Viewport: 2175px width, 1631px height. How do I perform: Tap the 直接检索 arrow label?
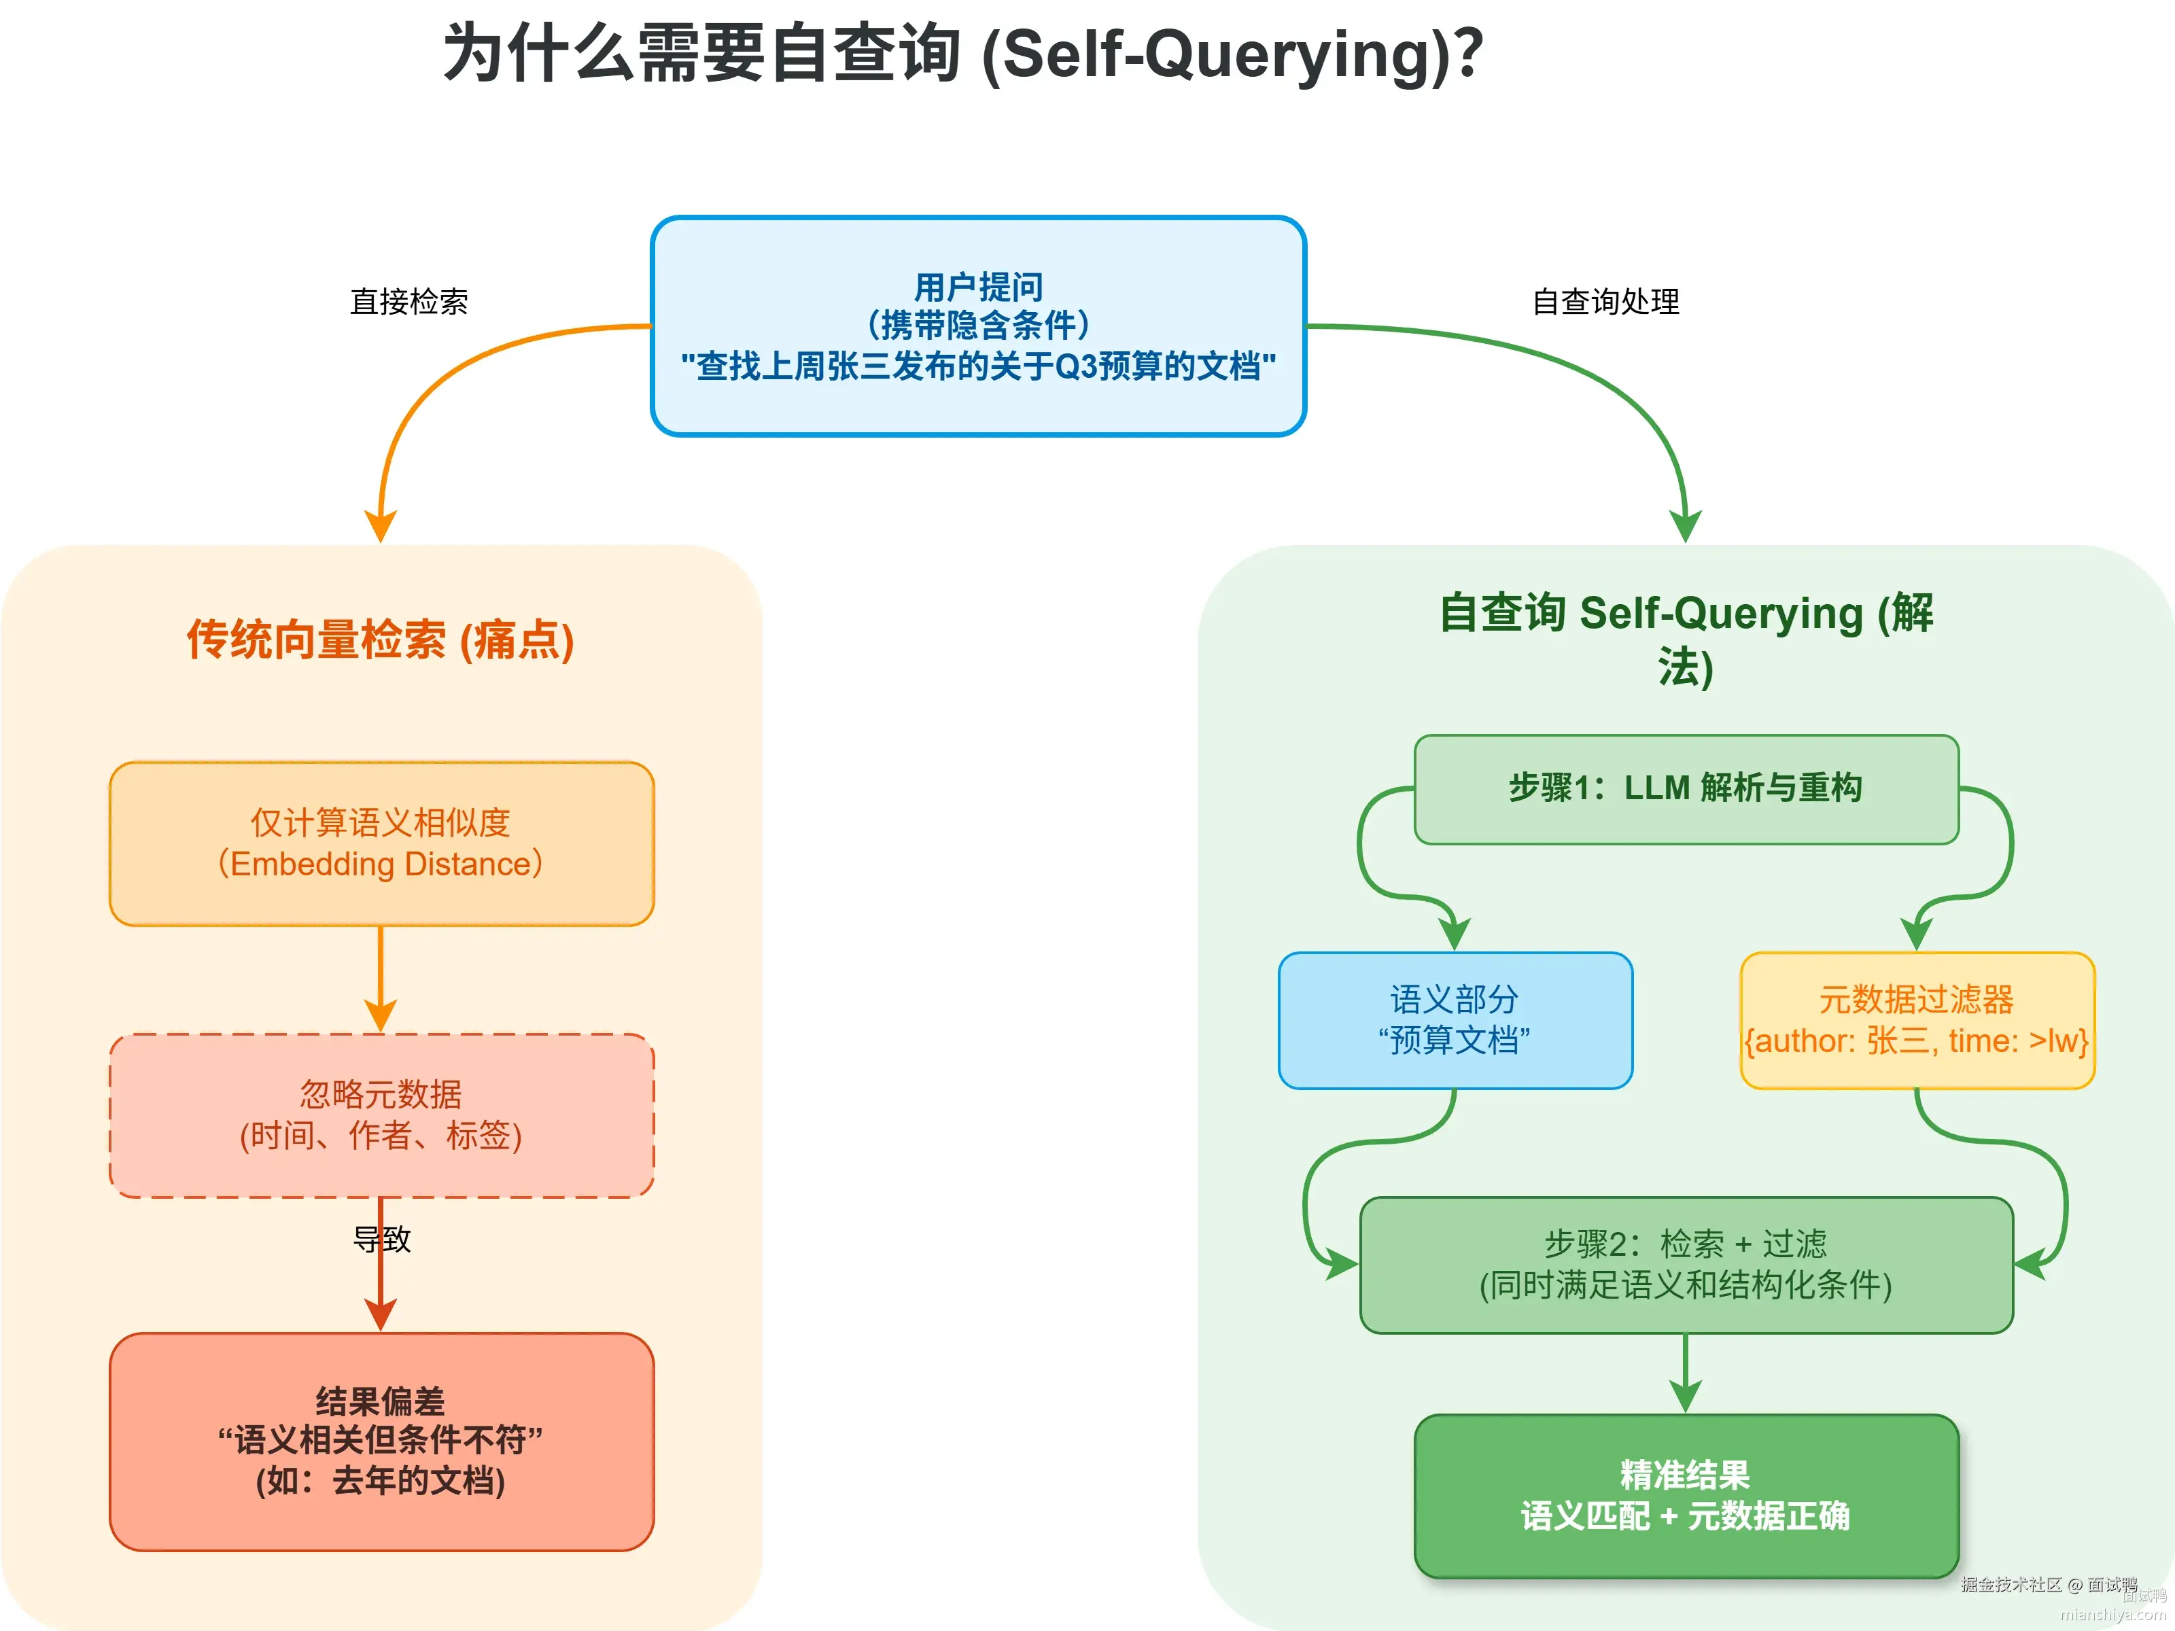pyautogui.click(x=409, y=302)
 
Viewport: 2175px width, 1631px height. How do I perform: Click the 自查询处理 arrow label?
pyautogui.click(x=1605, y=302)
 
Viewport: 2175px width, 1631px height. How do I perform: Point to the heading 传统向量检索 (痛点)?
pyautogui.click(x=381, y=639)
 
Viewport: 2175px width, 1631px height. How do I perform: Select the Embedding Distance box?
pyautogui.click(x=381, y=843)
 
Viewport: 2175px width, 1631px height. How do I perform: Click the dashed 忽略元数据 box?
pyautogui.click(x=381, y=1115)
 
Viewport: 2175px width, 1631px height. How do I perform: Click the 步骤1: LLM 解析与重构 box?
pyautogui.click(x=1686, y=788)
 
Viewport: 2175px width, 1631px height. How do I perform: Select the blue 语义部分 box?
pyautogui.click(x=1455, y=1019)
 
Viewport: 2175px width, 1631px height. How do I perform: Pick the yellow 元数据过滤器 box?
pyautogui.click(x=1917, y=1019)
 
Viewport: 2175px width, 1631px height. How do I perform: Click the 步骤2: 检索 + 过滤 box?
pyautogui.click(x=1686, y=1264)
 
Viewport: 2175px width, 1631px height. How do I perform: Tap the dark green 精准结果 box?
pyautogui.click(x=1686, y=1494)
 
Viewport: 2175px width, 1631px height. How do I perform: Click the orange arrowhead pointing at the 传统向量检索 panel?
pyautogui.click(x=381, y=527)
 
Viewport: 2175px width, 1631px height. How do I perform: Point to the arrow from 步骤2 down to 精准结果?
pyautogui.click(x=1686, y=1371)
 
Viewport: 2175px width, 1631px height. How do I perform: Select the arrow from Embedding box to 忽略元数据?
pyautogui.click(x=381, y=978)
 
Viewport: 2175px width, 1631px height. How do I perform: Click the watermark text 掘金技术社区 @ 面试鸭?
pyautogui.click(x=2048, y=1584)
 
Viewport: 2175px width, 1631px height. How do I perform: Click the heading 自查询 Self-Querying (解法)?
pyautogui.click(x=1686, y=639)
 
